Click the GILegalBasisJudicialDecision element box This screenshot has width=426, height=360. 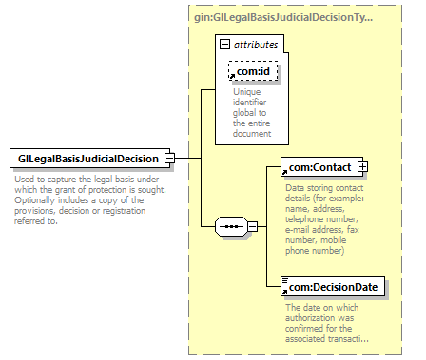[89, 158]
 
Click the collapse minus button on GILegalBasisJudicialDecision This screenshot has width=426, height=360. [170, 158]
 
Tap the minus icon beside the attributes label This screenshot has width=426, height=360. [224, 45]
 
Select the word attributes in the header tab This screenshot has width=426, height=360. [256, 45]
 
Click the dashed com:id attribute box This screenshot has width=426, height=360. [253, 71]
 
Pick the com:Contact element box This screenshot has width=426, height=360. [321, 167]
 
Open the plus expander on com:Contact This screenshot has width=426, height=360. [362, 166]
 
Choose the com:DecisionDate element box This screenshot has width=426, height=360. [333, 287]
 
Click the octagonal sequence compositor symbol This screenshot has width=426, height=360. [231, 226]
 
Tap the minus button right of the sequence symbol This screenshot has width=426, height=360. [252, 226]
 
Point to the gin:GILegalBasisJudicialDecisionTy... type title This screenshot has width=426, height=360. [283, 17]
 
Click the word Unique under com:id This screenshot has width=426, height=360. [247, 92]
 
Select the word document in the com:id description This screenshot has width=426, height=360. [252, 134]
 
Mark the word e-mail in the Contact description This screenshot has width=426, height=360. [298, 230]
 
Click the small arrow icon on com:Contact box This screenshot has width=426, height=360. [284, 173]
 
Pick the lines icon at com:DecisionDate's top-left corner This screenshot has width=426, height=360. [285, 280]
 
